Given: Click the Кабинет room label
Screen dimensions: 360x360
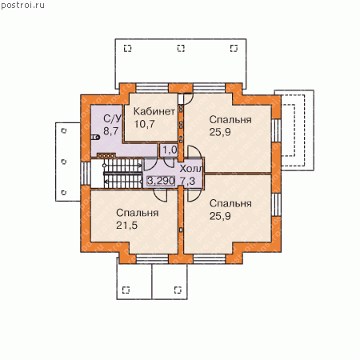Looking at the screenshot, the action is click(154, 111).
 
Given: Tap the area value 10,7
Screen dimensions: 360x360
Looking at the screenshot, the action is click(144, 124).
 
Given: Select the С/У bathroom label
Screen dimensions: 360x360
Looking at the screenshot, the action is click(112, 118).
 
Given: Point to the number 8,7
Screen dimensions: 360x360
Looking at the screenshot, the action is click(111, 131).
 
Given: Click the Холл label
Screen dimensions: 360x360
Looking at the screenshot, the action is click(191, 169).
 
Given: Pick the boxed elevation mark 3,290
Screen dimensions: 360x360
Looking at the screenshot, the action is click(161, 181).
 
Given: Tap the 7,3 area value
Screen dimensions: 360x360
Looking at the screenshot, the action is click(187, 181).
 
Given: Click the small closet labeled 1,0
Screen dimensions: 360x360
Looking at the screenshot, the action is click(169, 150).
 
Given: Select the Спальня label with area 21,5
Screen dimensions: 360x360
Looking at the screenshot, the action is click(138, 213).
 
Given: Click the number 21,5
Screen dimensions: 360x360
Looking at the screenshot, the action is click(127, 226).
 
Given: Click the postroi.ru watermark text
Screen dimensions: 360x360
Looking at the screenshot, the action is click(22, 6).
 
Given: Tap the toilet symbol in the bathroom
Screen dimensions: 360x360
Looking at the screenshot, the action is click(95, 138).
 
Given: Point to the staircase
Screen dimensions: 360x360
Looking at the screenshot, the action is click(123, 174).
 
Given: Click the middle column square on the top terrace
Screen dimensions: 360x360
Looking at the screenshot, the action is click(181, 48).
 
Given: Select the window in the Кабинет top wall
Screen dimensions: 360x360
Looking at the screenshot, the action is click(152, 88).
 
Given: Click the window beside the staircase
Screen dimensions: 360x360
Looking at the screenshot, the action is click(86, 174).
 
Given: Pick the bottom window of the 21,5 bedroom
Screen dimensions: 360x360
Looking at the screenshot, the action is click(152, 258).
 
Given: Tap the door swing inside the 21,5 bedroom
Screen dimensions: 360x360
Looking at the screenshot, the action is click(161, 195).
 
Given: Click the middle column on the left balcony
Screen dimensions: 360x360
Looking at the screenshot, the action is click(64, 162).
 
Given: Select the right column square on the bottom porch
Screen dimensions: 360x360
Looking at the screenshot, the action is click(178, 290).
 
